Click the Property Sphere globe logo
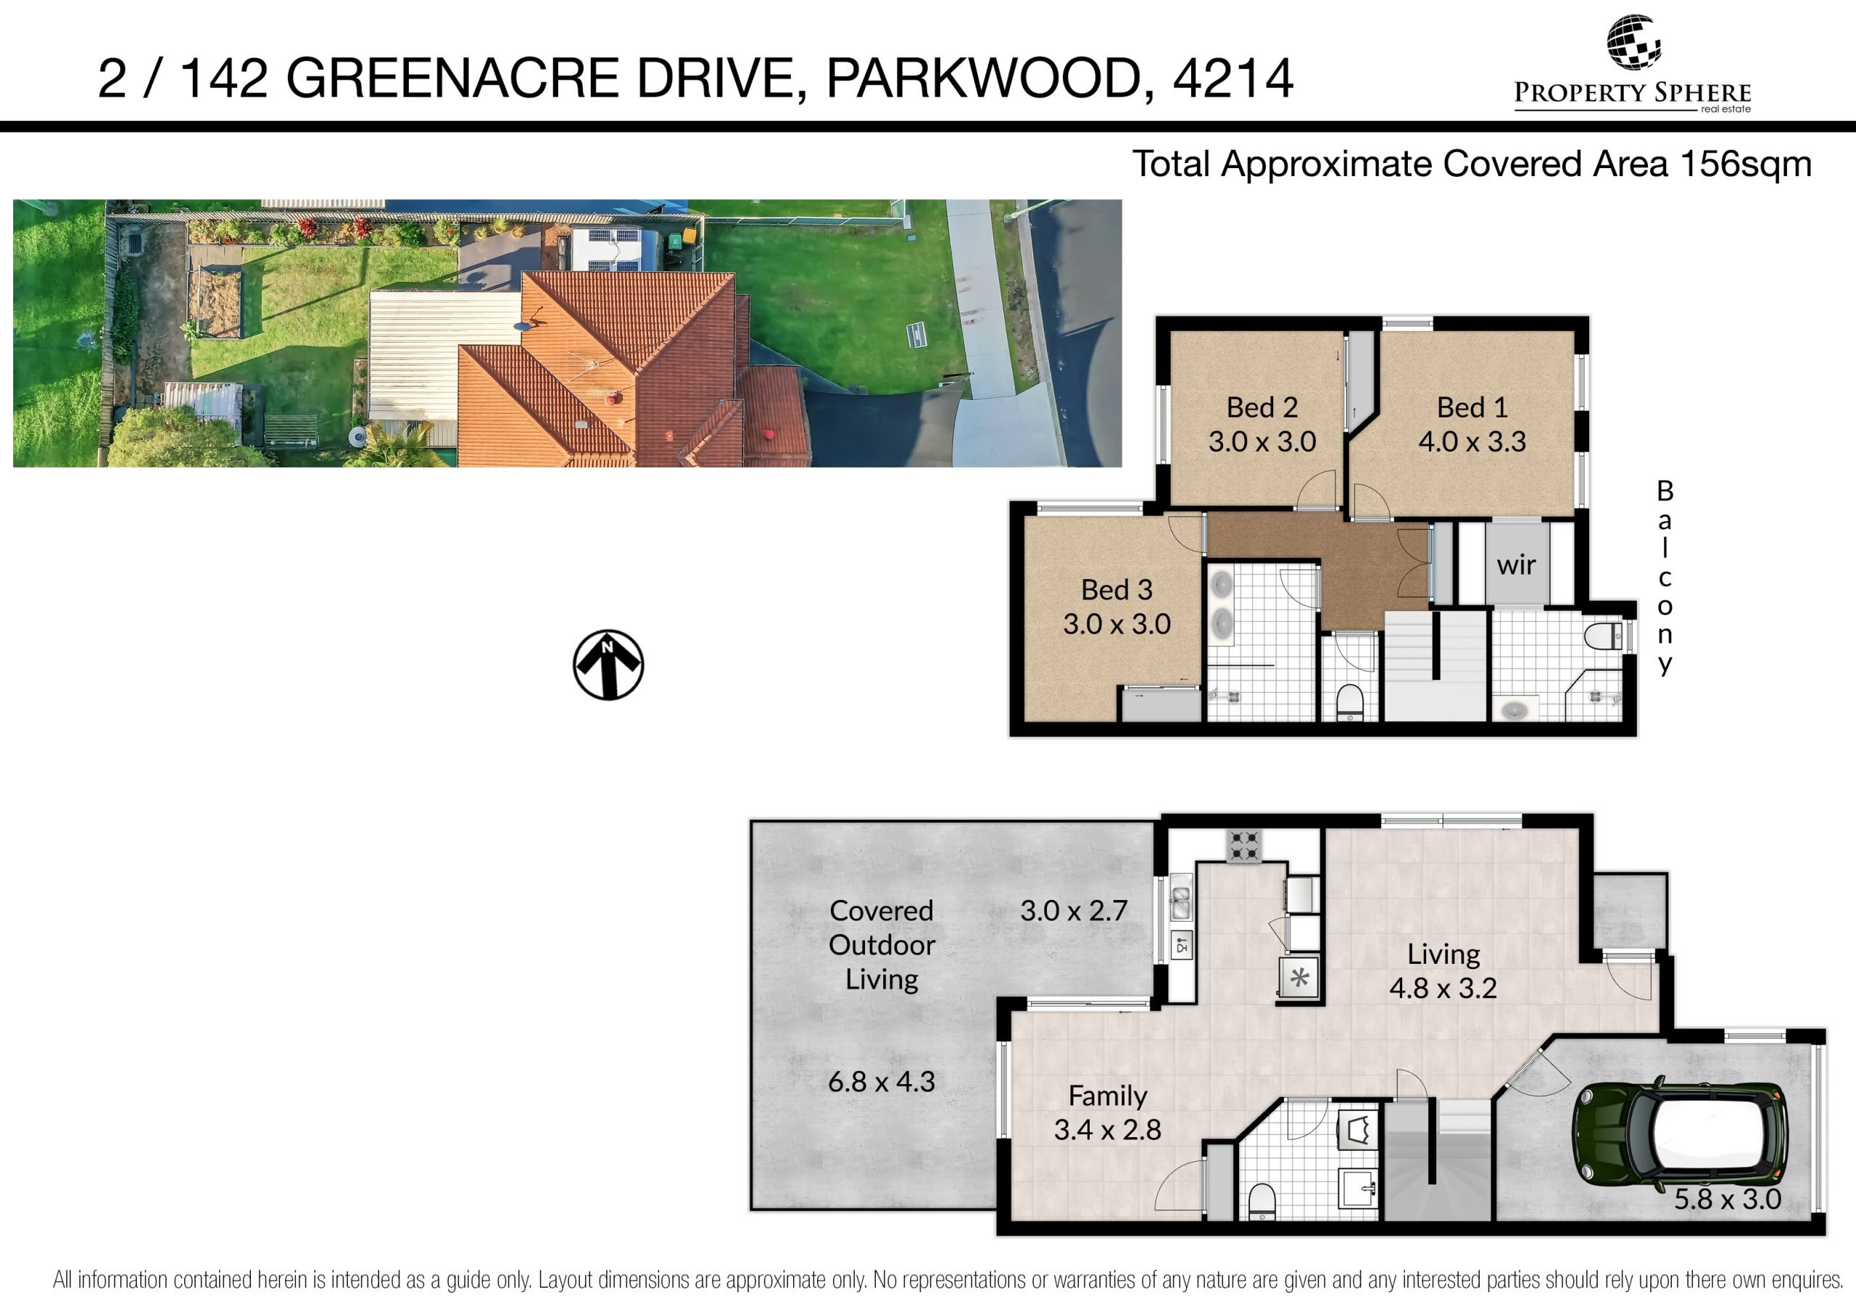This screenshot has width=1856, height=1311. point(1633,42)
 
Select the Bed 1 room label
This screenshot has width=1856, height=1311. point(1472,407)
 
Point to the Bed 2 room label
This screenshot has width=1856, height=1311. point(1261,407)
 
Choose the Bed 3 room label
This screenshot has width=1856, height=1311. point(1116,590)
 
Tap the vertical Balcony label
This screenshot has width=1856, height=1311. point(1665,577)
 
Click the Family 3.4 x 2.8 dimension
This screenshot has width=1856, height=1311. point(1108,1130)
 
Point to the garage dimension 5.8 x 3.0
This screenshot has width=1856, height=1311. point(1728,1199)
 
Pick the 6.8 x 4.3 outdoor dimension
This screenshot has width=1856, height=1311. point(881,1081)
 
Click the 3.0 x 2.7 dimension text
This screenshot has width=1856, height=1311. point(1074,911)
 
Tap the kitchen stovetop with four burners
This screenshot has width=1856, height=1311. point(1245,846)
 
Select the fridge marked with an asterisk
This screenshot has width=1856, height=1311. point(1299,979)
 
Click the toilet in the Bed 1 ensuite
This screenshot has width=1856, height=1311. point(1603,636)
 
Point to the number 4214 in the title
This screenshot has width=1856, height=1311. point(1232,79)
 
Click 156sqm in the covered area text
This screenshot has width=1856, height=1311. point(1746,164)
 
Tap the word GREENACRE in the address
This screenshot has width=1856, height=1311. point(452,79)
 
